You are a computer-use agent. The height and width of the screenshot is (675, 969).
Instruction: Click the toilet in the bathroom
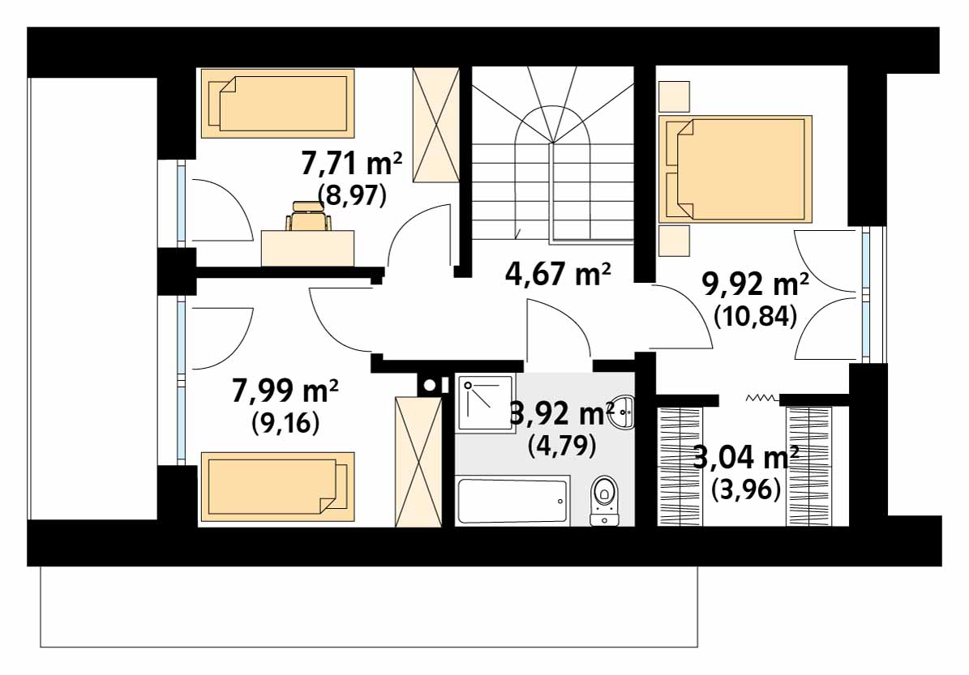[x=604, y=500]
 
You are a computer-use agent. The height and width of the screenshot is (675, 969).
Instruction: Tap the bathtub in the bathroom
[x=513, y=501]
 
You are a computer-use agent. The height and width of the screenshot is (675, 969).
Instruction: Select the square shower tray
[x=485, y=404]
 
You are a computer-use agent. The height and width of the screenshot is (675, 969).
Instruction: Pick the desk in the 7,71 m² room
[x=308, y=248]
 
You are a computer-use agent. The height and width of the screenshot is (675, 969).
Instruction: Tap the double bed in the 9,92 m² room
[x=735, y=169]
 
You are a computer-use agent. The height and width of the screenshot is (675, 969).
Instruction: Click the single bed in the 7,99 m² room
[x=277, y=487]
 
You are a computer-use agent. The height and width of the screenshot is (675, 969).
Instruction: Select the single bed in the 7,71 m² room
[x=277, y=103]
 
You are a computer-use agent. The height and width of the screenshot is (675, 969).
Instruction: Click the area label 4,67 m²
[x=557, y=274]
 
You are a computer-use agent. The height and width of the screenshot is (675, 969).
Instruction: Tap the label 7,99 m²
[x=285, y=391]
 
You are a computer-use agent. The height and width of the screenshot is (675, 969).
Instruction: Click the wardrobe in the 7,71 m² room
[x=435, y=126]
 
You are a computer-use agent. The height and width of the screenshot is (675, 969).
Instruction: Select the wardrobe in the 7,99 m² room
[x=418, y=463]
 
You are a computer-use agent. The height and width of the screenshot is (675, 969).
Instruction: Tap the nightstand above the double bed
[x=674, y=97]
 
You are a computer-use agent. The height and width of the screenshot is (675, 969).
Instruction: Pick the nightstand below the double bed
[x=674, y=240]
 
